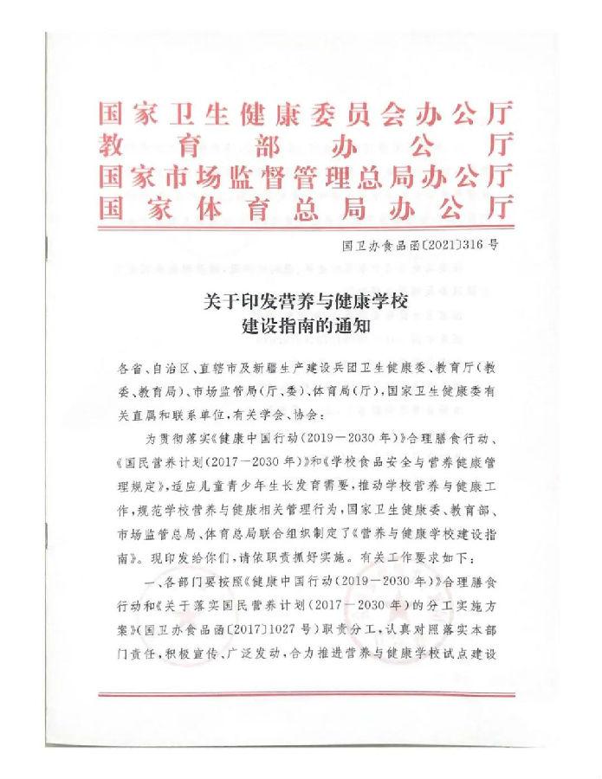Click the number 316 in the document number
pyautogui.click(x=471, y=245)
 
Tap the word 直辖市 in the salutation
pyautogui.click(x=209, y=369)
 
